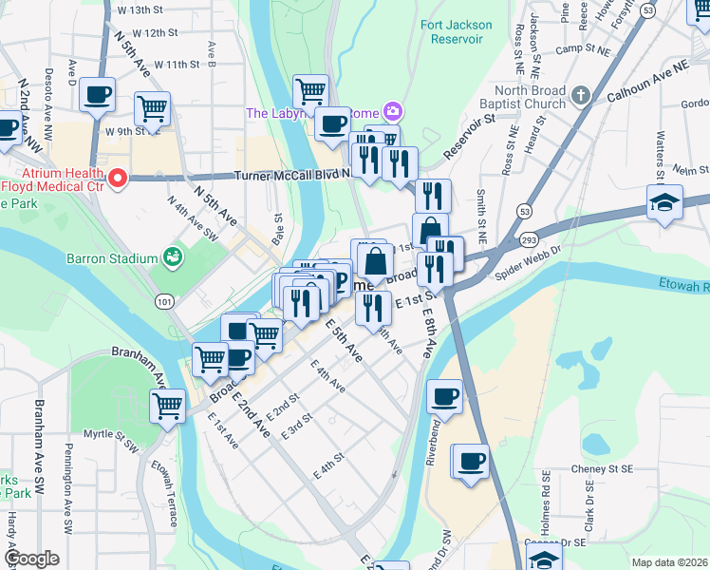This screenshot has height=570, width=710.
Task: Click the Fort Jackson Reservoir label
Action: (x=450, y=31)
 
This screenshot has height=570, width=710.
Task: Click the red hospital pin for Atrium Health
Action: (x=118, y=178)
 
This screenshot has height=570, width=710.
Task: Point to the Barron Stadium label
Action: (x=111, y=257)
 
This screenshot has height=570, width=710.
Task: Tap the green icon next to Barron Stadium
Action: (x=172, y=256)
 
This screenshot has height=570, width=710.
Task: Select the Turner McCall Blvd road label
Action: (x=292, y=175)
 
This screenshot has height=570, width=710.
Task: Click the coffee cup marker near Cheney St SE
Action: (x=471, y=463)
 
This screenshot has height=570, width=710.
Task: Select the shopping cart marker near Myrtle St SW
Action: (x=168, y=406)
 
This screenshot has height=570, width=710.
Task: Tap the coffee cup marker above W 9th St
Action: (x=98, y=95)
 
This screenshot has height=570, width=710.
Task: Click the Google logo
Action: (x=31, y=559)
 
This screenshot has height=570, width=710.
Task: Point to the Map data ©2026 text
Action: (x=669, y=562)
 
